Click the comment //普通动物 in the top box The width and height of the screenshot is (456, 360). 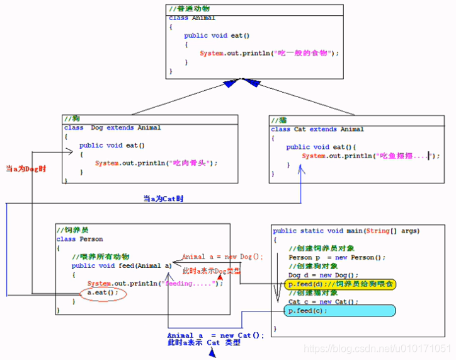[x=190, y=9]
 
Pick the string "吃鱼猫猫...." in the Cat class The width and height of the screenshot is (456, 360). [x=402, y=156]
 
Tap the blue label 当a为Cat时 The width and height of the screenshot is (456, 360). [x=163, y=199]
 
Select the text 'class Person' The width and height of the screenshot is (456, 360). [x=79, y=240]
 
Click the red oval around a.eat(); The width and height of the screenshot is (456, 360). [x=103, y=293]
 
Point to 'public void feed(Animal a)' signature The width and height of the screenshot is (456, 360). [x=122, y=265]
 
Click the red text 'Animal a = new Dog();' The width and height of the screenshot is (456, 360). [x=222, y=257]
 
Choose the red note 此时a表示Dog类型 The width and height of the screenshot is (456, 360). [x=214, y=270]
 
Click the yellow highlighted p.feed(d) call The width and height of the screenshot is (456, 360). [x=340, y=284]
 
